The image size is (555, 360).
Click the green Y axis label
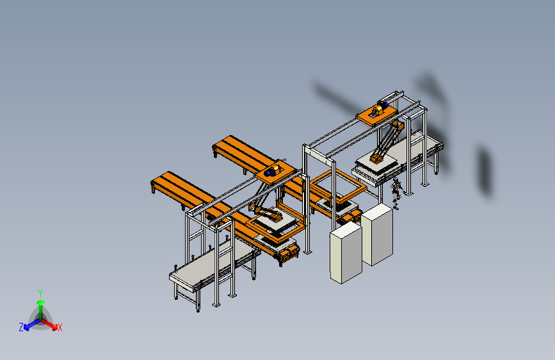point(40,293)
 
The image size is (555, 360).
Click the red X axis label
point(60,328)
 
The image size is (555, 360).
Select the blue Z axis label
point(21,327)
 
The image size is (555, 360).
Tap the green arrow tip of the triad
point(41,302)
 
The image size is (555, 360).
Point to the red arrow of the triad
point(49,324)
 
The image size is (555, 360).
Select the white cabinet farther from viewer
point(377,234)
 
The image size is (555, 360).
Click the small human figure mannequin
point(396,193)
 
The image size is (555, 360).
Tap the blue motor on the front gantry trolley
point(269,172)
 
